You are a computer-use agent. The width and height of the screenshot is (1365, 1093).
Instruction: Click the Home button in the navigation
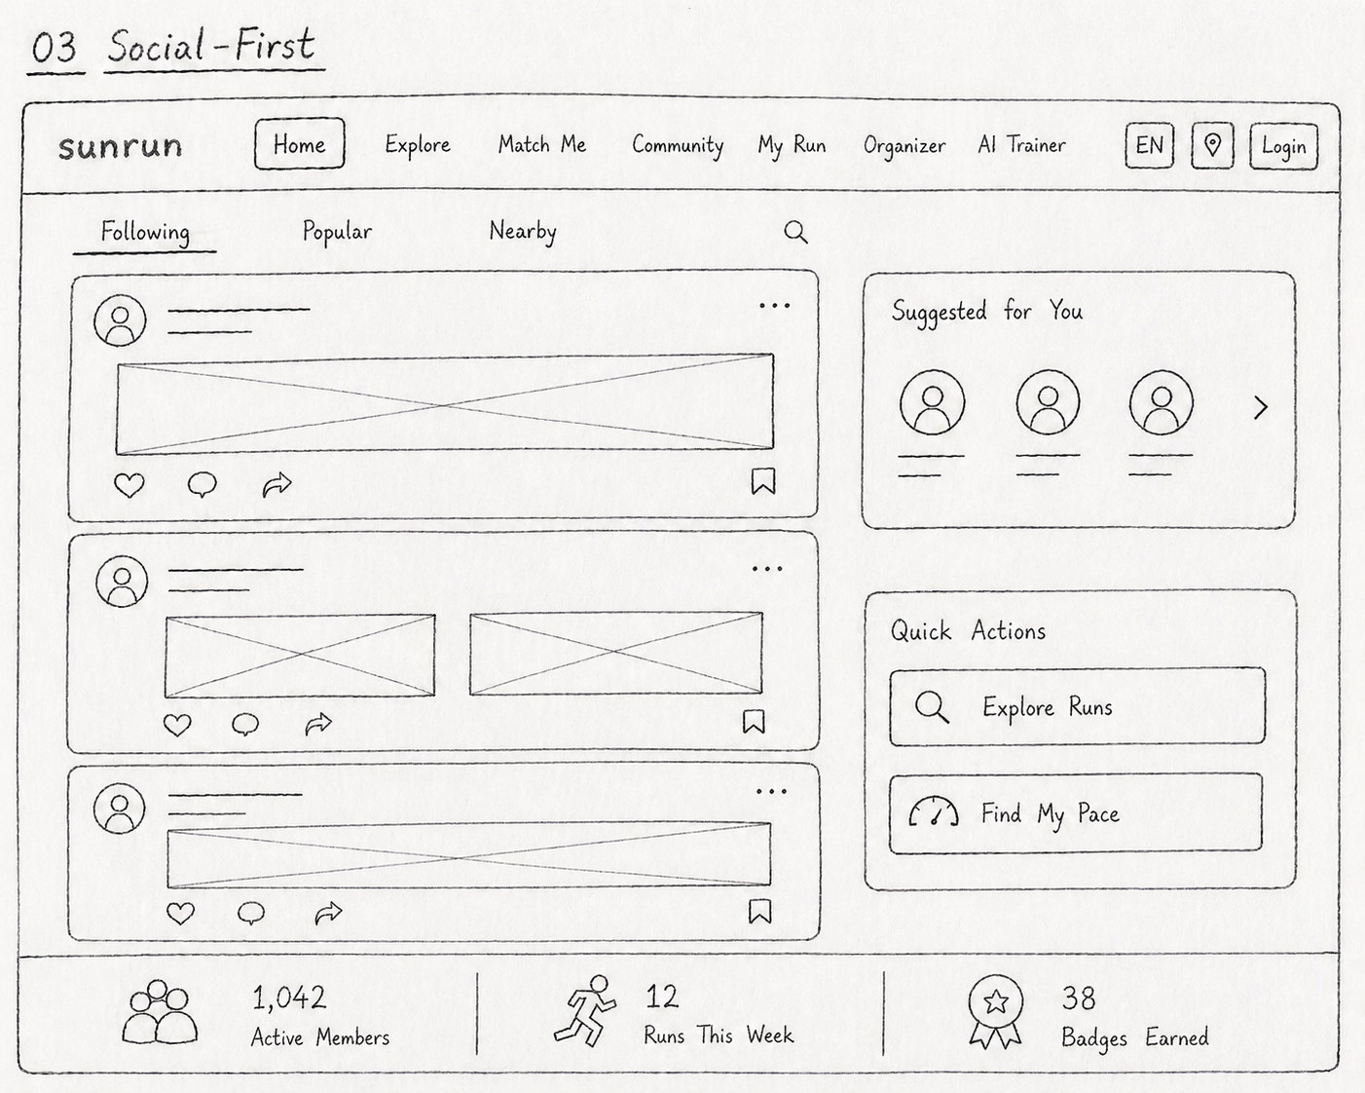(x=300, y=144)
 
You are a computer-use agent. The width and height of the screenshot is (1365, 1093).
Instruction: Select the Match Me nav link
(x=542, y=145)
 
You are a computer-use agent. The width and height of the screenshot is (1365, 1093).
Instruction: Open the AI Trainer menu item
(x=1022, y=145)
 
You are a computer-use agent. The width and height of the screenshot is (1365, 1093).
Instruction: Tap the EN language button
(x=1149, y=145)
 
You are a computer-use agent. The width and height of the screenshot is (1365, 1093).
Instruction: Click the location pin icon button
(x=1212, y=145)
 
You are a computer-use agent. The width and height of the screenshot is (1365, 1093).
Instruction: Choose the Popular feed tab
(x=338, y=232)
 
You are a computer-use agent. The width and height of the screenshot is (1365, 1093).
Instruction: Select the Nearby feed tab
(x=523, y=231)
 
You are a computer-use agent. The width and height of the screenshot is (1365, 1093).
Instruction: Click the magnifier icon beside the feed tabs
(x=795, y=232)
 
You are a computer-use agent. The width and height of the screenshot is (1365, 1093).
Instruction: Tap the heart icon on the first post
(x=129, y=485)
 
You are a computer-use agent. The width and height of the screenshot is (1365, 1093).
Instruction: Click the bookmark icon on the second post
(x=754, y=722)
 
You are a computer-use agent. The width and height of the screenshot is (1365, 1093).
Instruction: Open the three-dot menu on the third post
(x=772, y=792)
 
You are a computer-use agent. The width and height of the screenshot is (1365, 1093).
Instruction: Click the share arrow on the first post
(x=277, y=485)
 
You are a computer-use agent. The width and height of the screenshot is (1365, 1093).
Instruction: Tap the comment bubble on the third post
(x=251, y=914)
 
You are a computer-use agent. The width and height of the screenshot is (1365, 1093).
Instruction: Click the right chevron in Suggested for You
(x=1261, y=408)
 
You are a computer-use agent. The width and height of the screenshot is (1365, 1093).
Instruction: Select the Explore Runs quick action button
(x=1077, y=706)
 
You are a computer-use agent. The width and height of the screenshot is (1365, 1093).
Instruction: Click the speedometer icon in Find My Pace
(x=934, y=811)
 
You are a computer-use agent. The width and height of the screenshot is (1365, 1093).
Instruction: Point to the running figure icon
(x=585, y=1011)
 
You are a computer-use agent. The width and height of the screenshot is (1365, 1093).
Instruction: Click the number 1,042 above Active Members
(x=289, y=998)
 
